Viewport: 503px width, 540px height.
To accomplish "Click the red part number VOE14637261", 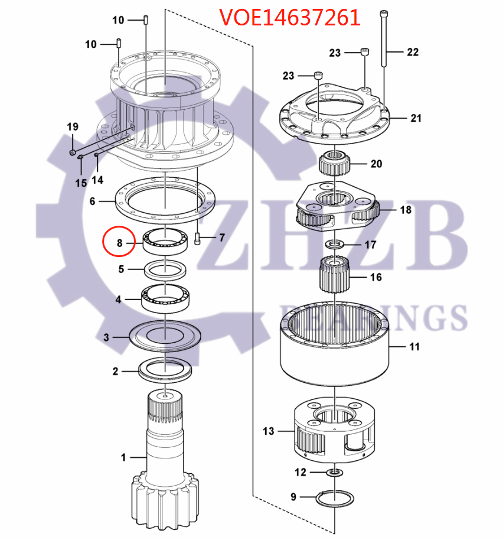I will click(x=290, y=17).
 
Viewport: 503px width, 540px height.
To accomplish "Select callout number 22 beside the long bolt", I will click(x=412, y=52).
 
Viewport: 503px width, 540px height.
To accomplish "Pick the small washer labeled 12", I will click(x=334, y=472).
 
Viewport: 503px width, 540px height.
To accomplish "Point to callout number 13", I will click(x=268, y=431).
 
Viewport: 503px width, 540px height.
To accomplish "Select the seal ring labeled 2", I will click(x=165, y=370).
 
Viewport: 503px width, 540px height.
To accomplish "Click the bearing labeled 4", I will click(x=165, y=298).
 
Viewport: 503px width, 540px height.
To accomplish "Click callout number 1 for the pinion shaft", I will click(x=123, y=457).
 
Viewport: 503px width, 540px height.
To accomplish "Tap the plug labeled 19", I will click(x=71, y=154).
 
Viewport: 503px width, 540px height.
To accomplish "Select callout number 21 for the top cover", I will click(x=416, y=118).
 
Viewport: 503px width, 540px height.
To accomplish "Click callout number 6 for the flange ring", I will click(x=92, y=201).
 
